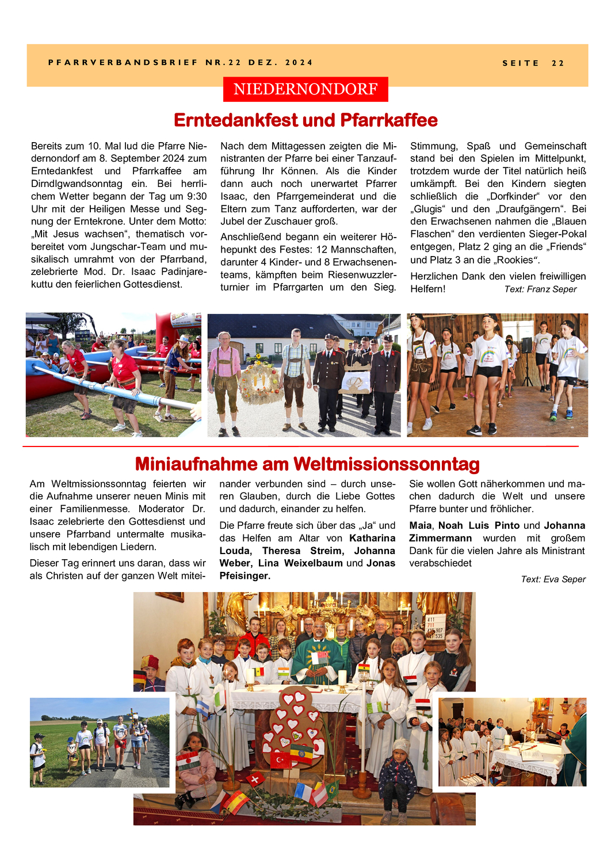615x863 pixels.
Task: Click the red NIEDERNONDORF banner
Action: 305,89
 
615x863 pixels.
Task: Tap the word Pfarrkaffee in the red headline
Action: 389,120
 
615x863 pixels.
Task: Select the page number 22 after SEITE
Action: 557,63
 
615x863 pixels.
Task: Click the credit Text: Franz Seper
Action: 540,289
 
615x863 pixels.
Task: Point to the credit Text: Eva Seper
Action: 553,579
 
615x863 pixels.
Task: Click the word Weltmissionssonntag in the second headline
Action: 386,464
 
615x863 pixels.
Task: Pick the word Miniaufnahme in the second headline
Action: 196,464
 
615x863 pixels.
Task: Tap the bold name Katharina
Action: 372,539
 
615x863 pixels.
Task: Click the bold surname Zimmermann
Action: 440,539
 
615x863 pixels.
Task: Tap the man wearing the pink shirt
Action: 224,380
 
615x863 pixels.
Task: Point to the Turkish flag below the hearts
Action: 281,760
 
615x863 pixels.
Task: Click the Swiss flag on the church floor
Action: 255,780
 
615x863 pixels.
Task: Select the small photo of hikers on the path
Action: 100,742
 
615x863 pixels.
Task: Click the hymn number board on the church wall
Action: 435,628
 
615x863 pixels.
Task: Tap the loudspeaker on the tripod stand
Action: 526,345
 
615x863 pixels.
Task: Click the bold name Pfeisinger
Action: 245,576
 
